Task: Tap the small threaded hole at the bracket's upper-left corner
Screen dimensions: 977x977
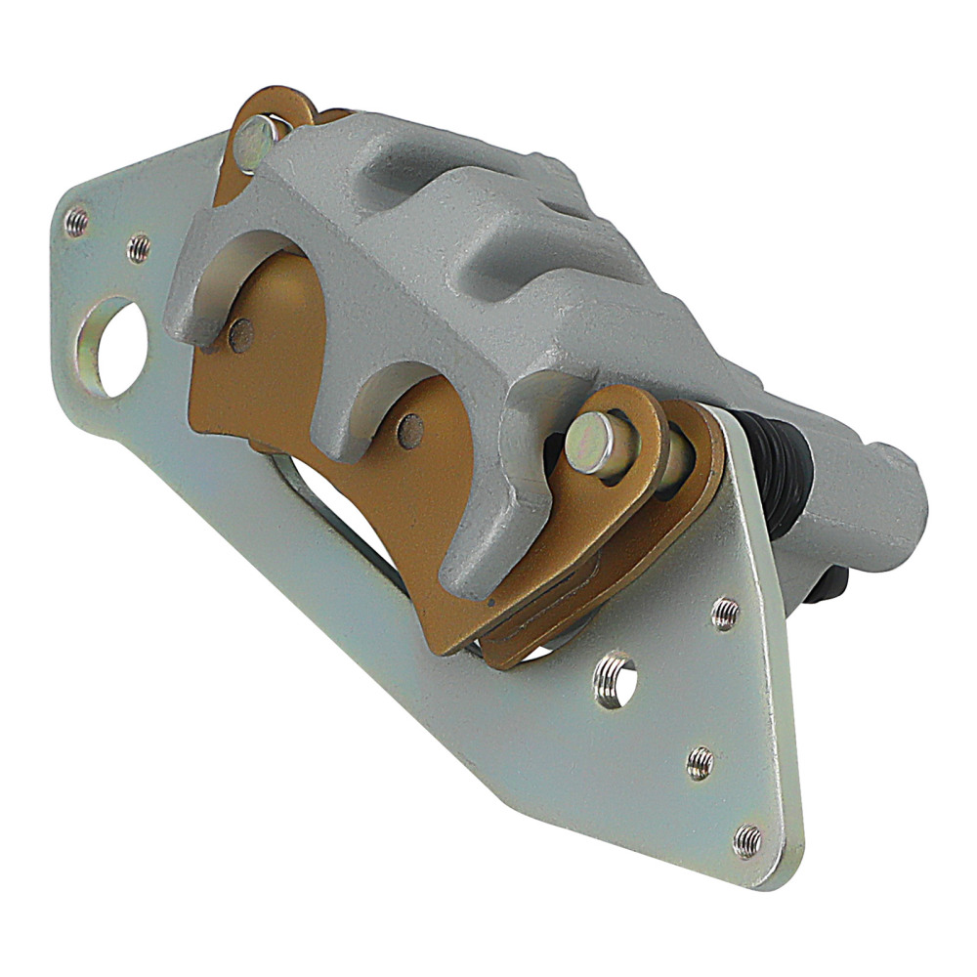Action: [76, 223]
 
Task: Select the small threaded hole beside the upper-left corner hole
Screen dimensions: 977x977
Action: [139, 247]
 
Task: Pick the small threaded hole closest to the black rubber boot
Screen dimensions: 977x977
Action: [725, 613]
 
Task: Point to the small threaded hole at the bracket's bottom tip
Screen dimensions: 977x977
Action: [747, 839]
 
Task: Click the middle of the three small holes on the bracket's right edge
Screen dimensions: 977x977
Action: [700, 762]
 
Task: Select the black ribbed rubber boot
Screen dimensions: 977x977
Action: [777, 469]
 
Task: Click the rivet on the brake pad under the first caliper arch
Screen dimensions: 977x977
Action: [240, 334]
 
